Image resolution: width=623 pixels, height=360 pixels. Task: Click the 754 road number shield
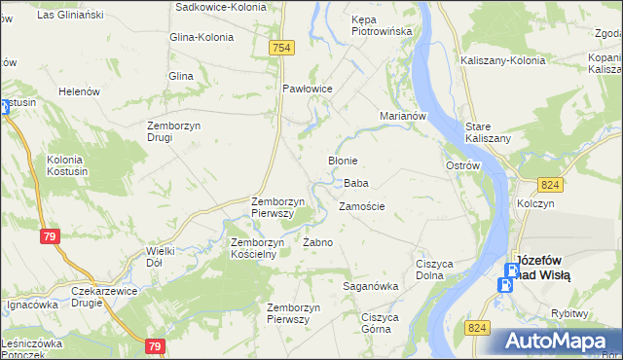point(282,48)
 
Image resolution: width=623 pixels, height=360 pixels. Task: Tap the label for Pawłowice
point(308,89)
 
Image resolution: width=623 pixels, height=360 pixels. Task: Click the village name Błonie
point(343,161)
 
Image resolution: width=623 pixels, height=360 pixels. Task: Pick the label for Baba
point(355,183)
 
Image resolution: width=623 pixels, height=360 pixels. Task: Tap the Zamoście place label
point(361,206)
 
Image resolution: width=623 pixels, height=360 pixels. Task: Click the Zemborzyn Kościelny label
point(253,248)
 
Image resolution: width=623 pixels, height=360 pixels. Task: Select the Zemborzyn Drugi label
point(173,130)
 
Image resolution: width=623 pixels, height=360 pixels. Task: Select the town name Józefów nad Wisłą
point(543,268)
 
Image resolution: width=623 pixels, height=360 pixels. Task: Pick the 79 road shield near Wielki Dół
point(51,236)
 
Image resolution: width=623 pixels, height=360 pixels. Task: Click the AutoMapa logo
point(559,341)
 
